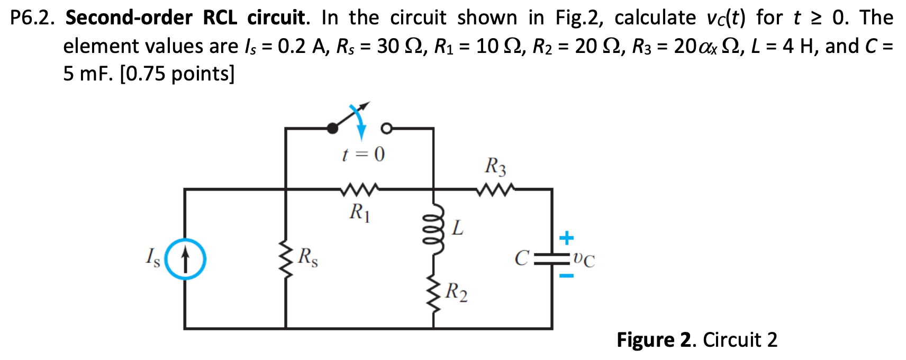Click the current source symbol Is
click(185, 259)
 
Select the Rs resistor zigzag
click(286, 260)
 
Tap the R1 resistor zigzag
click(360, 188)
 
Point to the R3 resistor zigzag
click(495, 188)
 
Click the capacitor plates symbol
click(552, 259)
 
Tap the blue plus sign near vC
click(566, 238)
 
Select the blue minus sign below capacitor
click(566, 276)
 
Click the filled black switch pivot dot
click(332, 128)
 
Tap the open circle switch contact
click(386, 128)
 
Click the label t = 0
click(363, 155)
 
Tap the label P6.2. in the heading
click(32, 18)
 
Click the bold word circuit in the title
click(276, 18)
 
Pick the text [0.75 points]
click(177, 74)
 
